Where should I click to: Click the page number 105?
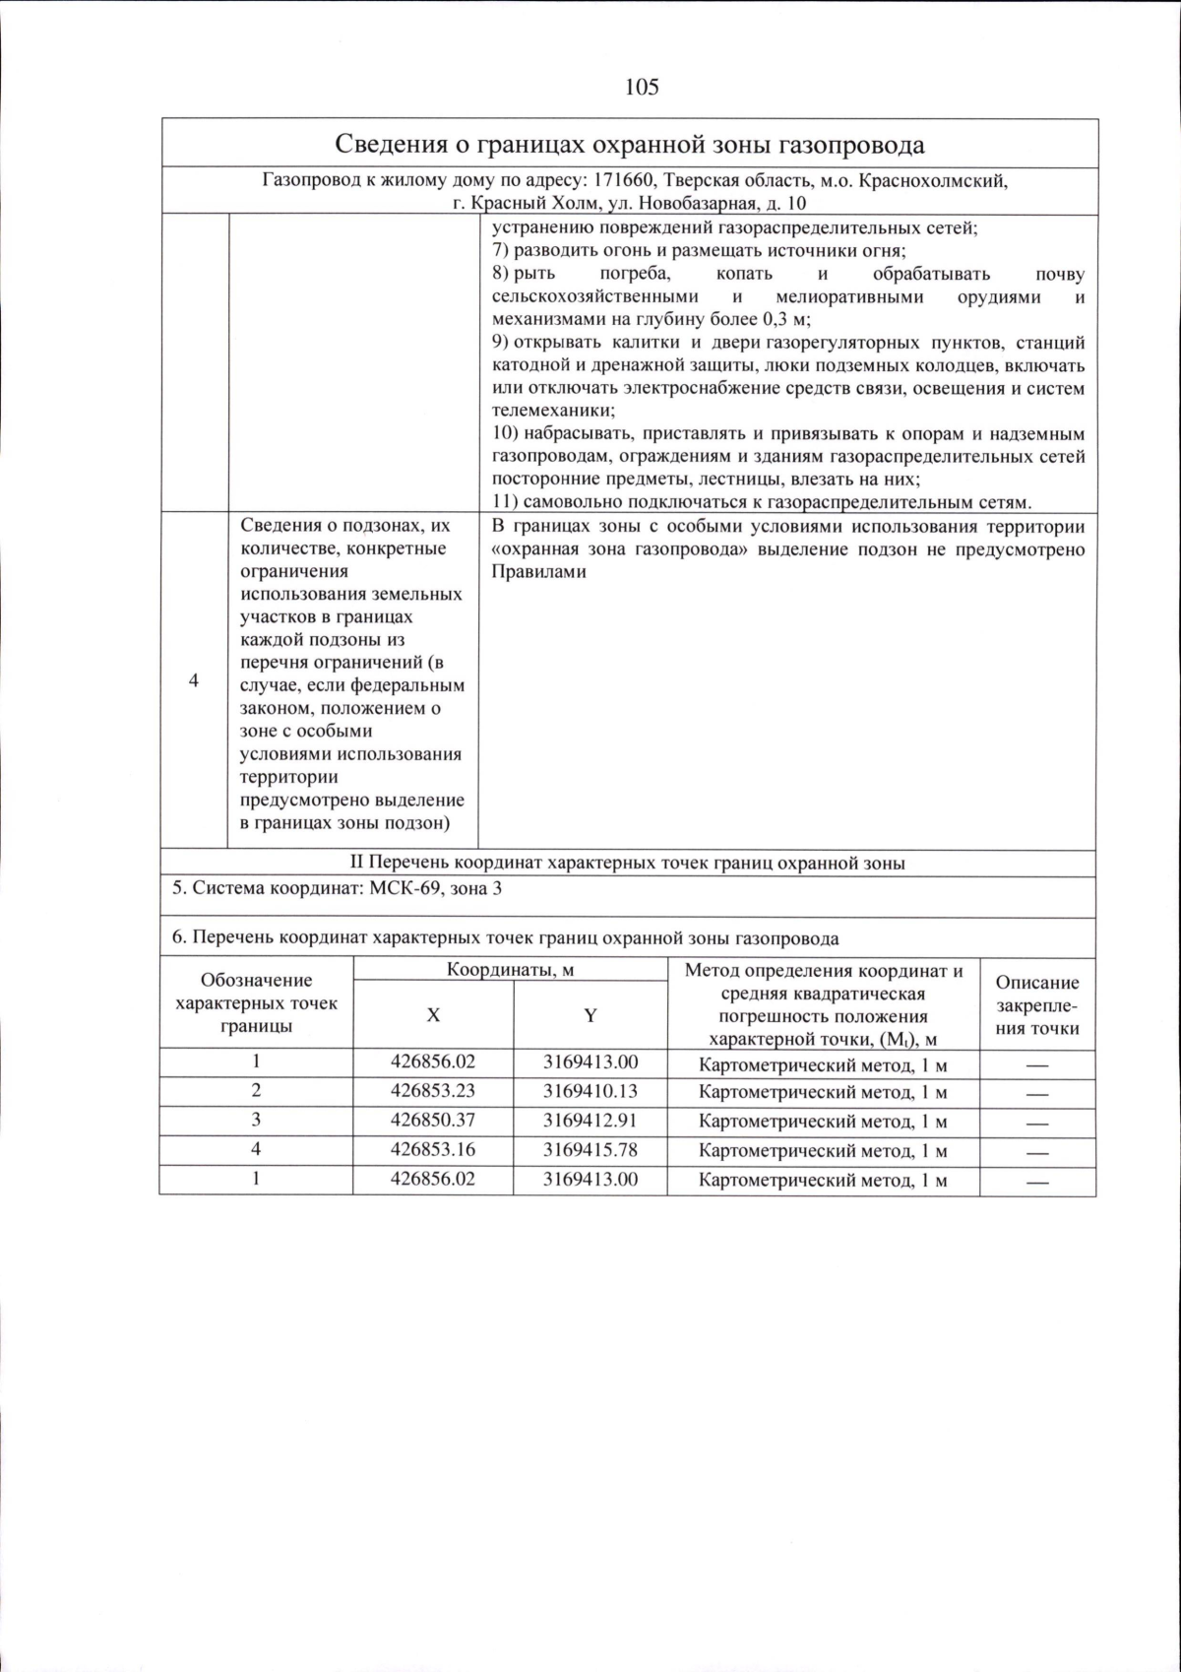(641, 88)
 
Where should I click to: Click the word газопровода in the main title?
(852, 146)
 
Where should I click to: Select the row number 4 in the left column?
(194, 681)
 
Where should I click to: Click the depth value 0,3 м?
(786, 320)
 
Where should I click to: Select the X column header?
(432, 1015)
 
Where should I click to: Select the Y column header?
(590, 1015)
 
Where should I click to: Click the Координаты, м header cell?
(510, 970)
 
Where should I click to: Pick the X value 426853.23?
(432, 1091)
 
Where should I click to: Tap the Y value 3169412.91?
(590, 1121)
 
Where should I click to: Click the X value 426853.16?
(432, 1150)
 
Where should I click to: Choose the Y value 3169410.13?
(590, 1091)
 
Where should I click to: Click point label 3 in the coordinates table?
(256, 1120)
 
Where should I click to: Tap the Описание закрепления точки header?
(1037, 1005)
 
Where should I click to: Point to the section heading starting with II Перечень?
(628, 864)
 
